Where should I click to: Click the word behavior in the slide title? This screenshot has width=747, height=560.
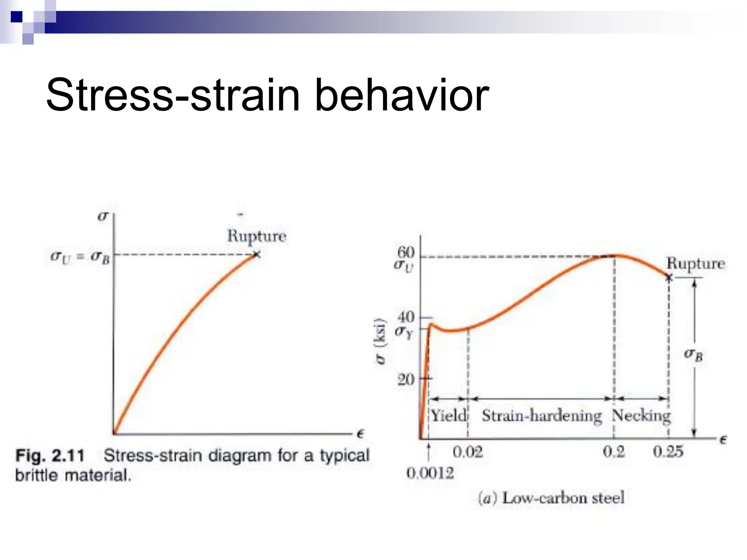(x=401, y=96)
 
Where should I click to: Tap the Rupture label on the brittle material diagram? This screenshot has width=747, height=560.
(x=257, y=236)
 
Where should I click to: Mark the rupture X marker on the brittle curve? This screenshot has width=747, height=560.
(x=257, y=254)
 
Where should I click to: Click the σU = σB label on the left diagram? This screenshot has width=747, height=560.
(x=80, y=257)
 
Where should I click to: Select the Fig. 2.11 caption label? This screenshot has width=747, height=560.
(x=50, y=456)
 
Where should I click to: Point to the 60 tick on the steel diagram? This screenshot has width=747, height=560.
(x=406, y=252)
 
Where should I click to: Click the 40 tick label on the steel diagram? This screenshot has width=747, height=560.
(x=406, y=317)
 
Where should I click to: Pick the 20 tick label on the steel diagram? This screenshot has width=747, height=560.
(x=406, y=380)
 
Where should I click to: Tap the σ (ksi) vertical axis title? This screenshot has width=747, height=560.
(x=380, y=341)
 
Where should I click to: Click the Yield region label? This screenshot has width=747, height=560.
(x=449, y=415)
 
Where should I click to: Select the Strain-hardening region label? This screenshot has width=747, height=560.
(x=542, y=416)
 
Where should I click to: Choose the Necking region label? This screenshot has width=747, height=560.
(x=641, y=416)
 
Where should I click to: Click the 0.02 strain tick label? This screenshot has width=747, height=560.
(x=468, y=452)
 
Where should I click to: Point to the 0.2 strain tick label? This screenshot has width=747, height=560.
(x=614, y=452)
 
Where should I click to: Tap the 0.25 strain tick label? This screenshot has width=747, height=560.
(x=668, y=452)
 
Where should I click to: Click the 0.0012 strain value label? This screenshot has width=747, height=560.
(x=430, y=473)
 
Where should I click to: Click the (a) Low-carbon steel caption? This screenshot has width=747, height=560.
(x=551, y=498)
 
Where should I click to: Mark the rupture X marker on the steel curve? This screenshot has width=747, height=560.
(x=669, y=278)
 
